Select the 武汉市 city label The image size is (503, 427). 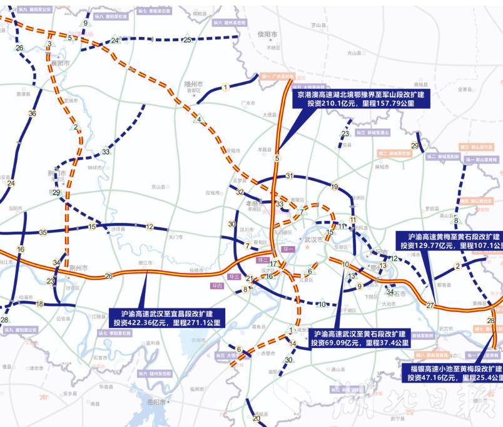(x=313, y=239)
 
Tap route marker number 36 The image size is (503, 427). (x=32, y=113)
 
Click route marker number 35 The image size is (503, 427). (x=43, y=232)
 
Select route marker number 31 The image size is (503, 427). (x=289, y=176)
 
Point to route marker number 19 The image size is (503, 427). (x=334, y=187)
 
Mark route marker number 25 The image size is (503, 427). (x=186, y=40)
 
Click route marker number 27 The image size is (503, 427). (x=430, y=306)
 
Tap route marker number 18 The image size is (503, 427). (x=39, y=304)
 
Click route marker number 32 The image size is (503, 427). (x=240, y=192)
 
